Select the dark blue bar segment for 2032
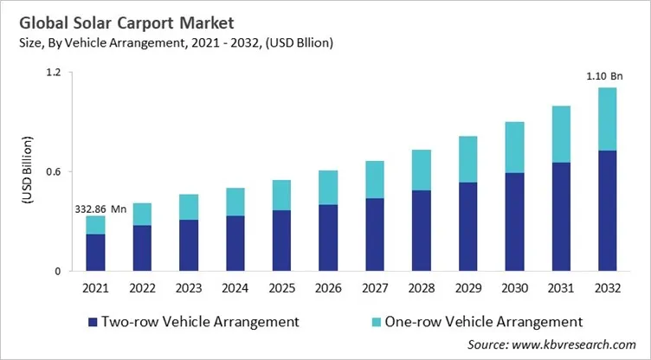tap(607, 210)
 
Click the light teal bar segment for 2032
tap(607, 119)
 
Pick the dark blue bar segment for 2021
tap(95, 252)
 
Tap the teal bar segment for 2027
tap(375, 179)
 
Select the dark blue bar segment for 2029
tap(467, 226)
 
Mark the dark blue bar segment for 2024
tap(235, 242)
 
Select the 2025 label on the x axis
tap(281, 286)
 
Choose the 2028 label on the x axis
tap(421, 286)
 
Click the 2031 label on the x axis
tap(560, 286)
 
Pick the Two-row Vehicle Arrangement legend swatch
tap(91, 322)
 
